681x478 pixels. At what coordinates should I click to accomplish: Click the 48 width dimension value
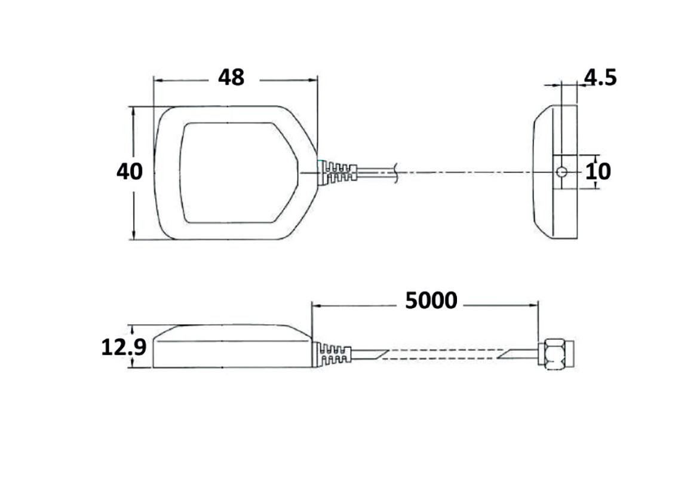pyautogui.click(x=231, y=78)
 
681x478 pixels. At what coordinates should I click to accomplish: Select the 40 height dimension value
pyautogui.click(x=130, y=172)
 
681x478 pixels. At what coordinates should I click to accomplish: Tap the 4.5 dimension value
pyautogui.click(x=600, y=78)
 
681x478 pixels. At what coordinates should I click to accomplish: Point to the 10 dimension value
pyautogui.click(x=598, y=172)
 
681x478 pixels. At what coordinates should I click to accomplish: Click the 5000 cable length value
pyautogui.click(x=431, y=301)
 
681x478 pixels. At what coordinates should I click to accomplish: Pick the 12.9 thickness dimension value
pyautogui.click(x=124, y=347)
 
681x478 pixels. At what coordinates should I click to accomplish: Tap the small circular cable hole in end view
pyautogui.click(x=561, y=173)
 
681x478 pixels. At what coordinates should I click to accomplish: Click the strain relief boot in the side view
pyautogui.click(x=332, y=354)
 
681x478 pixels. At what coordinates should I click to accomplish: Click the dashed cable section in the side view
pyautogui.click(x=442, y=354)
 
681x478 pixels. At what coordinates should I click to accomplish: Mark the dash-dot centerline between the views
pyautogui.click(x=466, y=173)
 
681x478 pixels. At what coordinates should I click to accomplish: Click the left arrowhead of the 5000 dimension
pyautogui.click(x=316, y=305)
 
